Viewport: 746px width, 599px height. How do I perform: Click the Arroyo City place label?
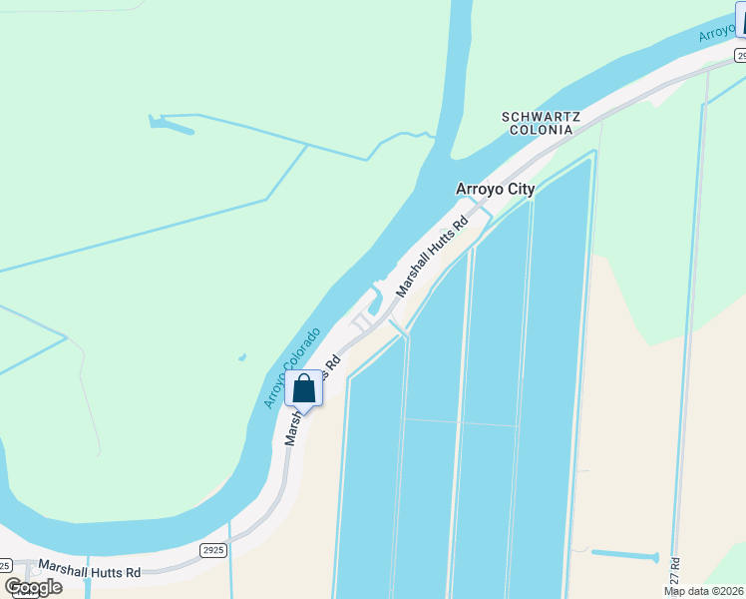click(x=495, y=189)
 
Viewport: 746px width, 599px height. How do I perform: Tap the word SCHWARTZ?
click(x=539, y=117)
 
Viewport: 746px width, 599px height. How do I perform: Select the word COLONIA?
click(x=539, y=130)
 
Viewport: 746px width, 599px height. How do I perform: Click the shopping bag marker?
click(x=304, y=388)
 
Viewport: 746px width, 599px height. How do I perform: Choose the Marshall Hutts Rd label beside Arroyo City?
click(x=432, y=258)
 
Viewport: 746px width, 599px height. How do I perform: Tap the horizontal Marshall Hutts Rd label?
click(x=89, y=568)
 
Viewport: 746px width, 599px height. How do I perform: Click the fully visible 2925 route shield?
click(x=212, y=550)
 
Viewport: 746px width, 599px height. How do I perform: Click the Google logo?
click(x=33, y=587)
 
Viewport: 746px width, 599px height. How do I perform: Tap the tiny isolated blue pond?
click(x=242, y=356)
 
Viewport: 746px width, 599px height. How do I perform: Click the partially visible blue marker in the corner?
click(x=740, y=18)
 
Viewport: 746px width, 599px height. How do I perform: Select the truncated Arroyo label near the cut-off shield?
click(x=715, y=31)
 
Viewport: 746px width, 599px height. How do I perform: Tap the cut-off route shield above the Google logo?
click(x=5, y=565)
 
